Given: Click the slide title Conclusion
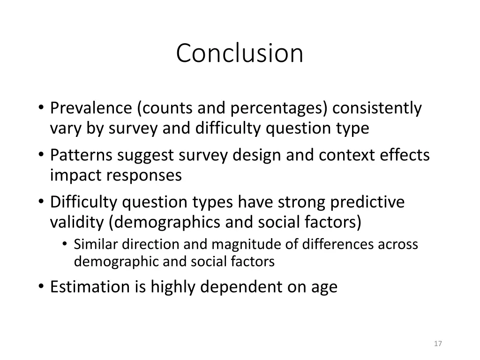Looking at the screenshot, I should click(240, 53).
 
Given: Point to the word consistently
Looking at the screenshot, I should click(377, 108).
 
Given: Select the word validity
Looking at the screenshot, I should click(76, 222).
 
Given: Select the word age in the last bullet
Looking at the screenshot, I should click(324, 287).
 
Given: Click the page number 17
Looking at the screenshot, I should click(438, 344).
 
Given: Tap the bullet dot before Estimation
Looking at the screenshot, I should click(41, 286).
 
